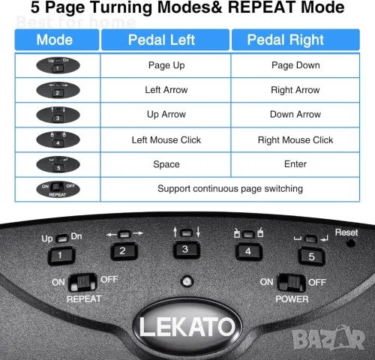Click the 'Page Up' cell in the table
pyautogui.click(x=166, y=65)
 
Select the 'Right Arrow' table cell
pyautogui.click(x=295, y=90)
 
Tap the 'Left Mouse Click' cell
pyautogui.click(x=166, y=139)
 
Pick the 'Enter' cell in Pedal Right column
pyautogui.click(x=295, y=163)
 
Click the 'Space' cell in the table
pyautogui.click(x=166, y=163)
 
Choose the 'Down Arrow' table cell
pyautogui.click(x=295, y=115)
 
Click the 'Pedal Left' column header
pyautogui.click(x=166, y=40)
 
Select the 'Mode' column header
pyautogui.click(x=55, y=40)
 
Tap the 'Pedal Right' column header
pyautogui.click(x=295, y=40)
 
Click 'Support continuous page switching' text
pyautogui.click(x=230, y=188)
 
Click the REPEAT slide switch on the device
pyautogui.click(x=83, y=282)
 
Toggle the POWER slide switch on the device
pyautogui.click(x=291, y=282)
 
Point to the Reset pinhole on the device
pyautogui.click(x=349, y=244)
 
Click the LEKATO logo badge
pyautogui.click(x=185, y=328)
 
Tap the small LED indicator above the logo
pyautogui.click(x=184, y=283)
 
